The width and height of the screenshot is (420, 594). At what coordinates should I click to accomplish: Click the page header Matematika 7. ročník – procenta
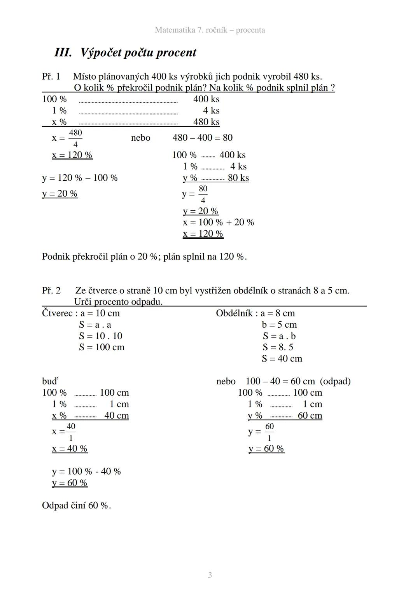[210, 30]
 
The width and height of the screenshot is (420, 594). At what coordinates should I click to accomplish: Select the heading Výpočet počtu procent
[138, 52]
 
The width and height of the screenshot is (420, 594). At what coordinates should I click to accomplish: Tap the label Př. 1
[51, 76]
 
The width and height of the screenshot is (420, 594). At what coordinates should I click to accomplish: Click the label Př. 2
[51, 290]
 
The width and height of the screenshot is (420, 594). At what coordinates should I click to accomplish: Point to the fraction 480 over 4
[75, 138]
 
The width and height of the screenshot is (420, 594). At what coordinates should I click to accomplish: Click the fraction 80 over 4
[203, 194]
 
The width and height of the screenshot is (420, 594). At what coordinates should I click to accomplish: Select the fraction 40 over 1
[71, 432]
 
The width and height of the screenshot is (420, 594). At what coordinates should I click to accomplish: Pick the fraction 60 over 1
[269, 432]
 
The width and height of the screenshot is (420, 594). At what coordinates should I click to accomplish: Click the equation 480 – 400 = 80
[202, 138]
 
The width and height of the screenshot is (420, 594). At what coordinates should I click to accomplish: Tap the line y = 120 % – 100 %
[80, 178]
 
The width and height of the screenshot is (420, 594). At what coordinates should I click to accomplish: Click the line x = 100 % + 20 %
[218, 222]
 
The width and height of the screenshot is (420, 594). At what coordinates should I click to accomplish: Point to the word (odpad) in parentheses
[335, 381]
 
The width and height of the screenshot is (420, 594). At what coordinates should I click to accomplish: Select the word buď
[50, 381]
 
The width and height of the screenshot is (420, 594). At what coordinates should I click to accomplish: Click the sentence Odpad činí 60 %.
[76, 505]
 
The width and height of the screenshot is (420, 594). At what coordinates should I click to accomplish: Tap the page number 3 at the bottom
[210, 575]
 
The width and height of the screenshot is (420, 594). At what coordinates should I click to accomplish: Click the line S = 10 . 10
[100, 336]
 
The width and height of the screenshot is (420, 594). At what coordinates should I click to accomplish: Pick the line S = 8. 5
[278, 347]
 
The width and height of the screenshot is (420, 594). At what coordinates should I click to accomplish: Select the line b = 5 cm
[279, 325]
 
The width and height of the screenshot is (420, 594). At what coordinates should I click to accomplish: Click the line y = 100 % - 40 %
[86, 471]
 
